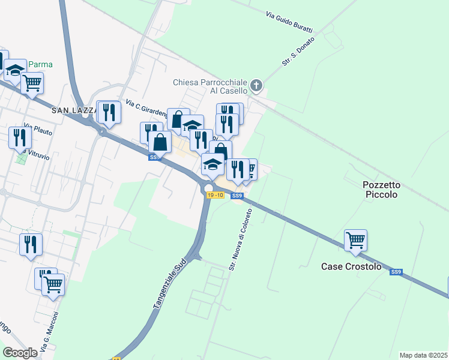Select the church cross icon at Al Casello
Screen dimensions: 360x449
(x=256, y=86)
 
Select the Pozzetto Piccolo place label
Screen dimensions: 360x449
(x=388, y=190)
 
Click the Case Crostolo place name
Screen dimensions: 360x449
(x=351, y=266)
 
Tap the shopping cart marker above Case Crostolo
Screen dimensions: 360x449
(x=356, y=241)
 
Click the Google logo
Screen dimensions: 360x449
(x=20, y=353)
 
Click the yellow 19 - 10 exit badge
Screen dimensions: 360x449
(x=215, y=196)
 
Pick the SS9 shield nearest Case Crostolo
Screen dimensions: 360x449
(x=396, y=272)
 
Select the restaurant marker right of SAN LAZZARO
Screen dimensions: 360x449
(x=109, y=112)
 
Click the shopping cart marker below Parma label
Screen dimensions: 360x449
(x=32, y=83)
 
